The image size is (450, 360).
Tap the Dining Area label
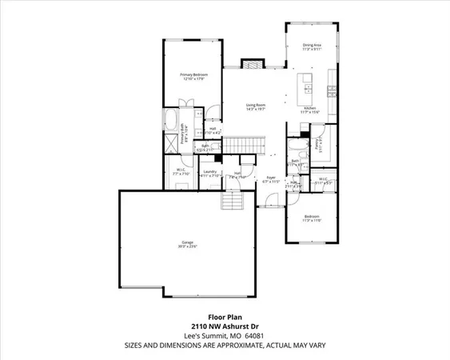coord(312,46)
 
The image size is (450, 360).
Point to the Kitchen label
coord(310,110)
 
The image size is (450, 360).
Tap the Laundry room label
coord(210,172)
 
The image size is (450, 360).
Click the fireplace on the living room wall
coord(252,64)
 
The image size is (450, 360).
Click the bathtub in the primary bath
coord(173,122)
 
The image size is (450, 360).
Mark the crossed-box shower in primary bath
coord(173,144)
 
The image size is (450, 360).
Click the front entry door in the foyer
coord(270,206)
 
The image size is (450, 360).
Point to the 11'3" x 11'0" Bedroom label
coord(311,218)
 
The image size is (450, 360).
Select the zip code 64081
coord(253,337)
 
